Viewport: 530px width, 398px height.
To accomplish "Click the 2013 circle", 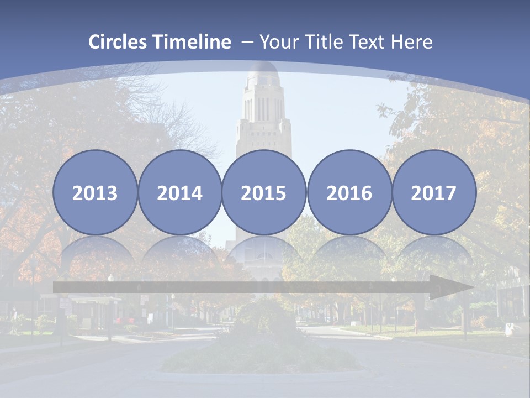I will click(95, 192).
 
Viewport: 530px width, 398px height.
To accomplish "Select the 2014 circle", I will click(179, 192).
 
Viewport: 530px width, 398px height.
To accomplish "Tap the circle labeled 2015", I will click(264, 192).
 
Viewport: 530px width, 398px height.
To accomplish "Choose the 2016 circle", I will click(349, 192).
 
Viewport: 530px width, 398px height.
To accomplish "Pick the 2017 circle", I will click(433, 192).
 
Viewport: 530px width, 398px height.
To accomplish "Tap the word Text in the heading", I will click(367, 42).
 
